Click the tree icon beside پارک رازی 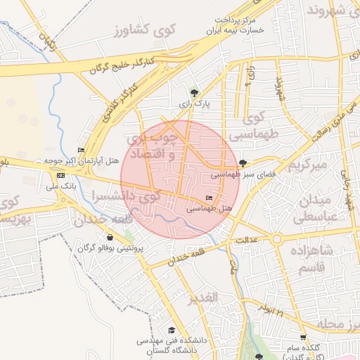(194, 93)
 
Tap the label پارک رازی (194, 104)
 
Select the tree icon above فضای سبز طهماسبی (243, 163)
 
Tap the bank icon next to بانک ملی (60, 175)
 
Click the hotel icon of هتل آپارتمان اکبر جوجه (81, 150)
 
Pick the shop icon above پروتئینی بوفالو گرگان (110, 238)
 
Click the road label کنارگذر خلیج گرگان (131, 64)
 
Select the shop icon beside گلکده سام (303, 337)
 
